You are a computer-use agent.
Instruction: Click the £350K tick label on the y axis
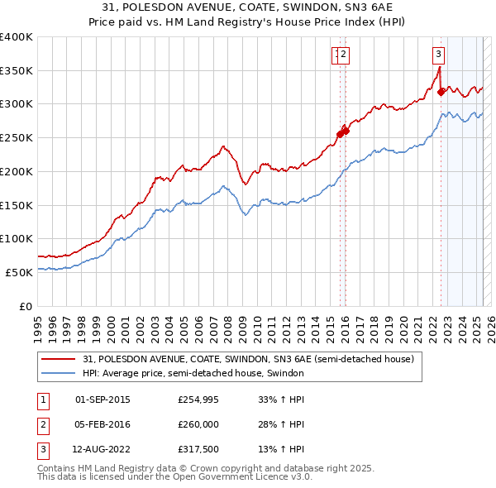[x=17, y=70]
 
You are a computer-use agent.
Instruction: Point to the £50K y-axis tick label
[x=20, y=272]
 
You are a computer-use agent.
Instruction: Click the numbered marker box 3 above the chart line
[x=437, y=55]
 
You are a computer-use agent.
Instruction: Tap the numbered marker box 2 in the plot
[x=343, y=55]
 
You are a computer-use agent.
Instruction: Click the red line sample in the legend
[x=60, y=359]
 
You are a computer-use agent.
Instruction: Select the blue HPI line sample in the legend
[x=60, y=374]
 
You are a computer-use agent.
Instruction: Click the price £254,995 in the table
[x=198, y=399]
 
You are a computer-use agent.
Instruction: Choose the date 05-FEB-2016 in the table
[x=103, y=425]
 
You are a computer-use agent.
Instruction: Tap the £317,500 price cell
[x=198, y=451]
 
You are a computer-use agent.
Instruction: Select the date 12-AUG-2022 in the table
[x=103, y=451]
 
